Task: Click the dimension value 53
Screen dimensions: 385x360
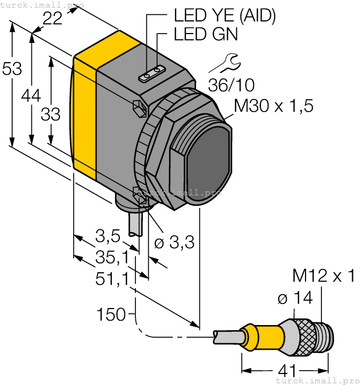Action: click(12, 69)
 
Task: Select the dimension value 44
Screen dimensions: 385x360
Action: click(31, 96)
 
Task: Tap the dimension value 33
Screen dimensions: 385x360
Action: click(51, 114)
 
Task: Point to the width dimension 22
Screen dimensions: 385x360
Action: click(52, 19)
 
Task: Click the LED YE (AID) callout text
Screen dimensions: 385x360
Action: click(224, 16)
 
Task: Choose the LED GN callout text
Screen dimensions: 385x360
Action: click(206, 34)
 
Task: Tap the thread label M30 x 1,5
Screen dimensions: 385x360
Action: click(274, 106)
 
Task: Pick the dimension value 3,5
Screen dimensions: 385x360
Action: click(107, 237)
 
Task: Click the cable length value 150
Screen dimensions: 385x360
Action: click(111, 315)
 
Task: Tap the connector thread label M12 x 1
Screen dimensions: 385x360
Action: click(324, 276)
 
